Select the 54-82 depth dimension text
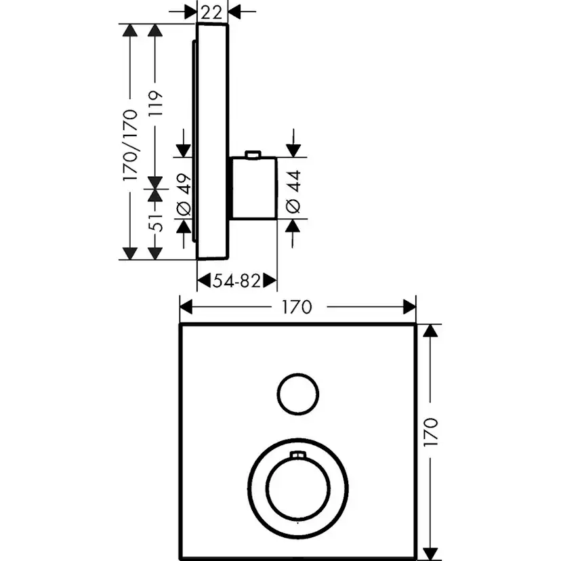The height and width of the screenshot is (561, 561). (x=236, y=280)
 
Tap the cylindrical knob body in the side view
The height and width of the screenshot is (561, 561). (x=255, y=189)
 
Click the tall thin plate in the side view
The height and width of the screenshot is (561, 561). (x=211, y=142)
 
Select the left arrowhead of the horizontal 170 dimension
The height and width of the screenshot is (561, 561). (x=185, y=307)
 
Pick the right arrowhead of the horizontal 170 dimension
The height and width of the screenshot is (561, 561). (x=409, y=307)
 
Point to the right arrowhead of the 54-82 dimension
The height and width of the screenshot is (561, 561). (x=271, y=280)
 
